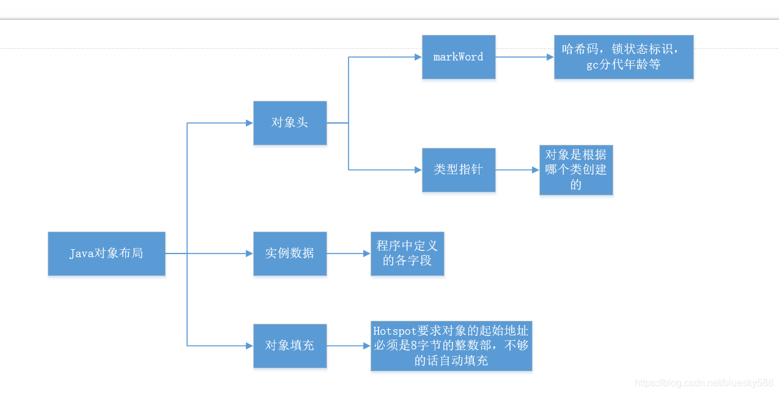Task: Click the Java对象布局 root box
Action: click(x=106, y=254)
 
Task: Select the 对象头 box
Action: click(x=290, y=123)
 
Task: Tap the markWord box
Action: click(x=459, y=57)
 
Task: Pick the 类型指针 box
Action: click(x=459, y=170)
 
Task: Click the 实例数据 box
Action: click(x=290, y=254)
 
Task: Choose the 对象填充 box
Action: click(x=290, y=346)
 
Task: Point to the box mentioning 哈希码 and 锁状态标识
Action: click(x=624, y=57)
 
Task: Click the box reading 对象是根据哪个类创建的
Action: click(x=576, y=170)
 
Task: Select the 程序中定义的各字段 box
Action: click(x=407, y=254)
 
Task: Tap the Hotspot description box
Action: click(x=451, y=346)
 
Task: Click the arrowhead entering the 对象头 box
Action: click(x=249, y=123)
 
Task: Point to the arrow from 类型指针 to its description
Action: click(x=517, y=170)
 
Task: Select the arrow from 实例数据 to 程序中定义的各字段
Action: click(x=349, y=254)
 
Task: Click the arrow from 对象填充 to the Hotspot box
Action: click(x=349, y=346)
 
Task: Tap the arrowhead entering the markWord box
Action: click(x=418, y=57)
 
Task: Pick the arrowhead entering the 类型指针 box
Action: click(x=418, y=170)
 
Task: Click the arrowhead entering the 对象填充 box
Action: click(x=249, y=346)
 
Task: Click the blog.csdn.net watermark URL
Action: click(x=704, y=383)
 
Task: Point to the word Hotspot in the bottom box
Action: click(x=395, y=331)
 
